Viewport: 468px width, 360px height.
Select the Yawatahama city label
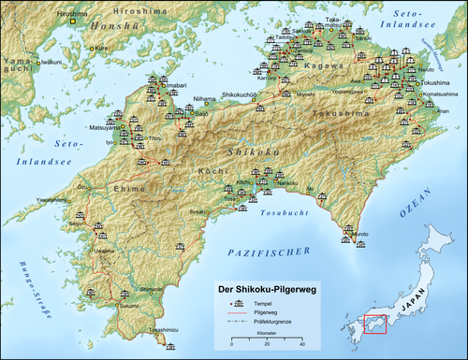point(53,200)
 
